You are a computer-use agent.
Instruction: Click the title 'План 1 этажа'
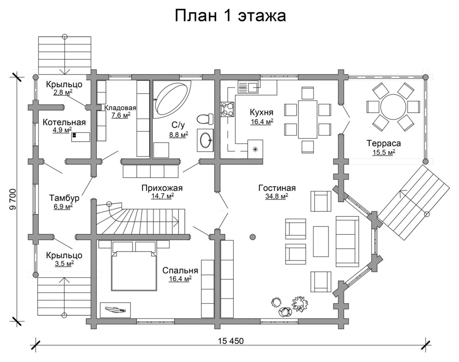(x=230, y=15)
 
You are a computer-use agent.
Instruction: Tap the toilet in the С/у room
(x=204, y=119)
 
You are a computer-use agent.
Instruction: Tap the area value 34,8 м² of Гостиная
(x=277, y=196)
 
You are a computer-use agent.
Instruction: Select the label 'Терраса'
(x=383, y=143)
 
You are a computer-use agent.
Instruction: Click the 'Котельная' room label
(x=64, y=122)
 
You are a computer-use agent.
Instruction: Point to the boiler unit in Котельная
(x=80, y=137)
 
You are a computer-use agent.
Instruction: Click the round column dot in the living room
(x=253, y=237)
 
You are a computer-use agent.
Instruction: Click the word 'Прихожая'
(x=162, y=188)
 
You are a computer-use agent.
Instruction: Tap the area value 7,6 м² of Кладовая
(x=121, y=116)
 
